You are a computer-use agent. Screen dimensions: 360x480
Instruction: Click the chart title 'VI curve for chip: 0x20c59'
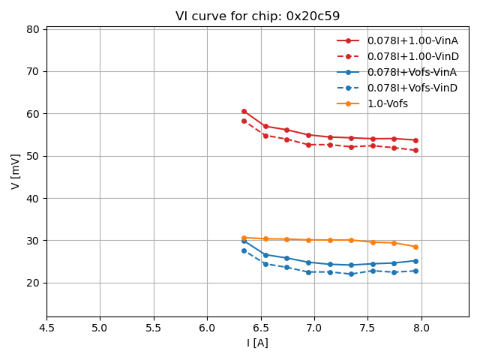click(x=257, y=16)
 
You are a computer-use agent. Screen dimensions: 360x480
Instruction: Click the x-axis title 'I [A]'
click(x=257, y=343)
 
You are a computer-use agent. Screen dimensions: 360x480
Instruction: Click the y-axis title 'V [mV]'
click(x=16, y=171)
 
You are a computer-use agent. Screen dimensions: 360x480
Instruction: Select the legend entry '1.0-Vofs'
click(x=387, y=103)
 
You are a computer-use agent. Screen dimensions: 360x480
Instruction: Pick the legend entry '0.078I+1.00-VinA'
click(x=412, y=40)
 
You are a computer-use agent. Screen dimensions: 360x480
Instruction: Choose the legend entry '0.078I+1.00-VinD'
click(x=412, y=56)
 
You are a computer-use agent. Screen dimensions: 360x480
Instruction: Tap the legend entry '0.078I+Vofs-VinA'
click(x=412, y=72)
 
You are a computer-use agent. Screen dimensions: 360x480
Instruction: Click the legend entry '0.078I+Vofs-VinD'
click(x=412, y=88)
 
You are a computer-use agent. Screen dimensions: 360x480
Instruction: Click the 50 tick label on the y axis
click(x=34, y=156)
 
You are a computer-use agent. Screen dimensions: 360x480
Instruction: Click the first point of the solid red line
click(x=244, y=111)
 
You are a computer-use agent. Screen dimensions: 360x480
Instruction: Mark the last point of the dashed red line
click(x=415, y=150)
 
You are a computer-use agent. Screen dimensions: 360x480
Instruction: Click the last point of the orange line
click(x=415, y=247)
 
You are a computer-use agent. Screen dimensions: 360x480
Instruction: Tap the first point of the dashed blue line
click(x=244, y=250)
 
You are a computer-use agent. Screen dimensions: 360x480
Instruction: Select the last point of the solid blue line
click(x=415, y=261)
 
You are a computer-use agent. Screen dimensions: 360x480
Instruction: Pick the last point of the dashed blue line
click(x=415, y=271)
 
